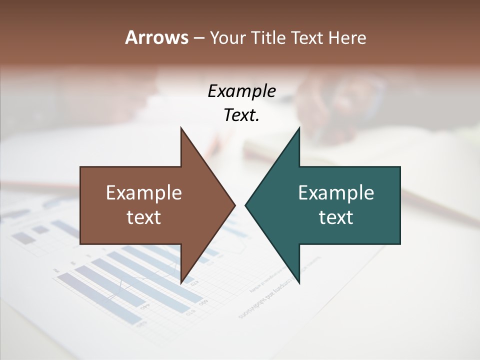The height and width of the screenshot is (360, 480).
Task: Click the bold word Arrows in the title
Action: (x=157, y=37)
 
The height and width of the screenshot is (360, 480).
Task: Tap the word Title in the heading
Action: (x=269, y=37)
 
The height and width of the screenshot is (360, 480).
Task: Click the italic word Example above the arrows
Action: (x=242, y=91)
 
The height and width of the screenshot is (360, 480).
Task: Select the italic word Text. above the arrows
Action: (x=242, y=115)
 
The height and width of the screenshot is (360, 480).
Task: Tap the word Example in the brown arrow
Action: (x=144, y=193)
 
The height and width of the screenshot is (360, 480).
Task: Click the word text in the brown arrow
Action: (x=144, y=217)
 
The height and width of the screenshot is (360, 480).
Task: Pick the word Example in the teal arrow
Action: (x=336, y=193)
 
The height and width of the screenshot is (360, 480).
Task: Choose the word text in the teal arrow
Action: (x=336, y=217)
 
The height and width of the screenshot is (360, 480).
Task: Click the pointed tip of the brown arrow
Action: (x=235, y=205)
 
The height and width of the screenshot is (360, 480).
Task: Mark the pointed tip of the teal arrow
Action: (x=245, y=205)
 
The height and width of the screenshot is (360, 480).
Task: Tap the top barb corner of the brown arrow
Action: (x=181, y=127)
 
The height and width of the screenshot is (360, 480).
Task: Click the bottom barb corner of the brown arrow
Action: (x=181, y=283)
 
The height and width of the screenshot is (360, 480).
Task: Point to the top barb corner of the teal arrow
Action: (x=299, y=127)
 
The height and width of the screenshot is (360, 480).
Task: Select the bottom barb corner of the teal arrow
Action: (x=299, y=283)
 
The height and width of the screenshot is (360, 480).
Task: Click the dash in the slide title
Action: (x=198, y=38)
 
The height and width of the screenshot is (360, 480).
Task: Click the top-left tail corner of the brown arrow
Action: (x=81, y=167)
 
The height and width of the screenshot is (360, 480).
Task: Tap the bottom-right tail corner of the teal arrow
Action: (x=399, y=243)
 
